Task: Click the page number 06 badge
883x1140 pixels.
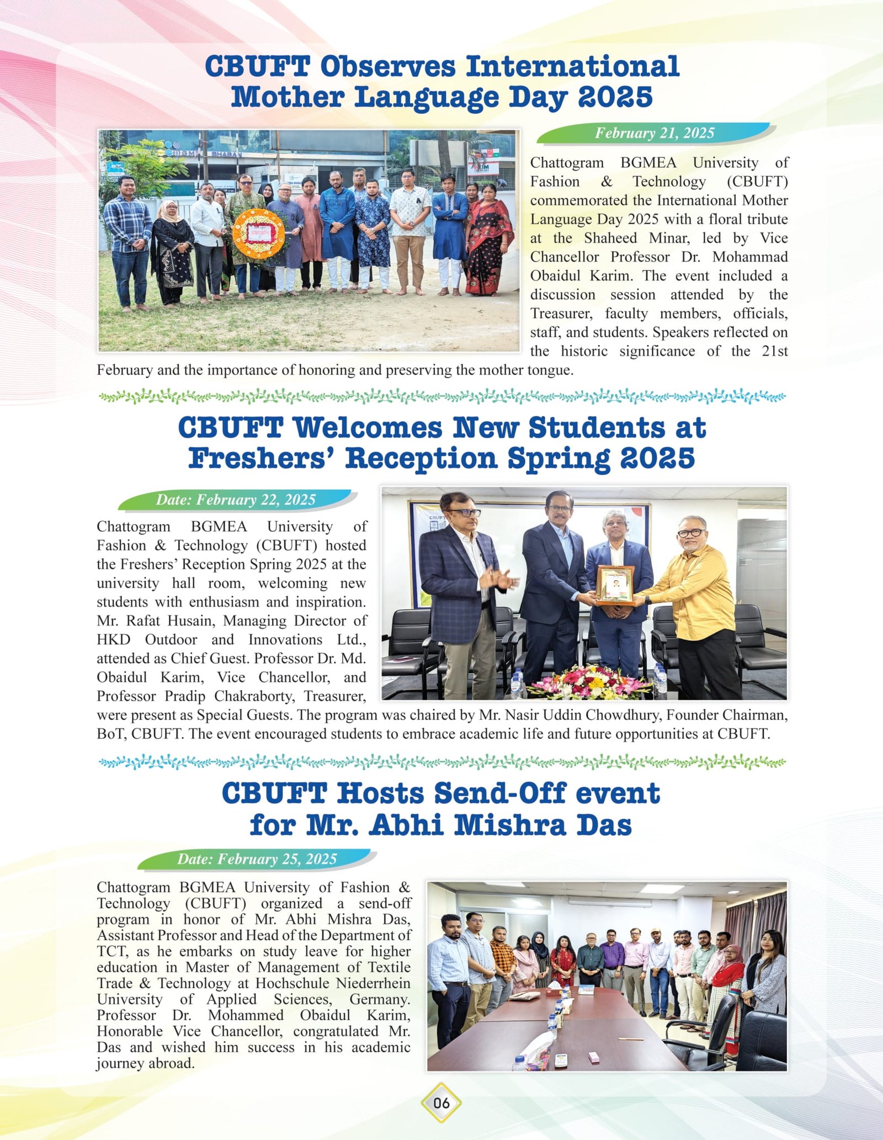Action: (x=441, y=1103)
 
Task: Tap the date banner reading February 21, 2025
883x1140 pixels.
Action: (x=655, y=133)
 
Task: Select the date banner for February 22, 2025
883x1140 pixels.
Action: (x=236, y=500)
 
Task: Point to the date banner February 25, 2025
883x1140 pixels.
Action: (x=257, y=859)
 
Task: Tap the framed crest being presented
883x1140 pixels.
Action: (x=615, y=584)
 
